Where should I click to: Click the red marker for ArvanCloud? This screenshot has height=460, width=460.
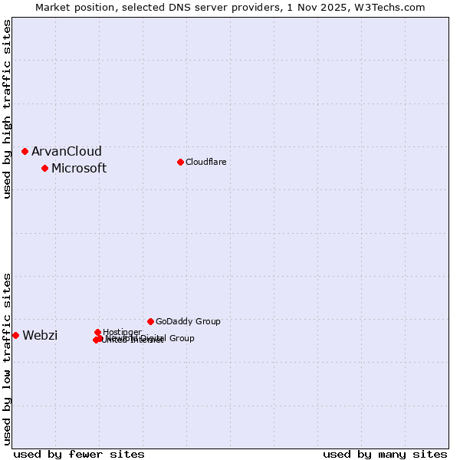point(25,151)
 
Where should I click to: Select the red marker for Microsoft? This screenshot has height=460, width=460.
point(44,168)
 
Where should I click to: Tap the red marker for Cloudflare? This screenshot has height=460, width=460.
point(180,162)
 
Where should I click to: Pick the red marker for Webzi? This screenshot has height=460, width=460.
point(15,335)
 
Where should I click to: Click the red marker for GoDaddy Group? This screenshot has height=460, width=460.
point(150,321)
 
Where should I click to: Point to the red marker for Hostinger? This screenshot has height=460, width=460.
point(97,332)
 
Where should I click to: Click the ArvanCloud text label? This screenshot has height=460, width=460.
point(67,152)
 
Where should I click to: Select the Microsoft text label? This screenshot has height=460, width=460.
point(79,169)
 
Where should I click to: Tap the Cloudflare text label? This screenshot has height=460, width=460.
point(205,162)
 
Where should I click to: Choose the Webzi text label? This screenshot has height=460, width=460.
point(40,336)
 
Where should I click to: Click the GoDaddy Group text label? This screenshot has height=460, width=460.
point(188,321)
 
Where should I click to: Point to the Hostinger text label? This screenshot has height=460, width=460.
point(122,332)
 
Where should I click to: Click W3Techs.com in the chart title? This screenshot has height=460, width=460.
point(393,7)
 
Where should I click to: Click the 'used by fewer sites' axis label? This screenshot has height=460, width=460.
point(79,454)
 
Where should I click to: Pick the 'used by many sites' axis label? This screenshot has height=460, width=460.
point(385,454)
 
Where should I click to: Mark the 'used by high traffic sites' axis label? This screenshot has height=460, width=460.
point(7,109)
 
